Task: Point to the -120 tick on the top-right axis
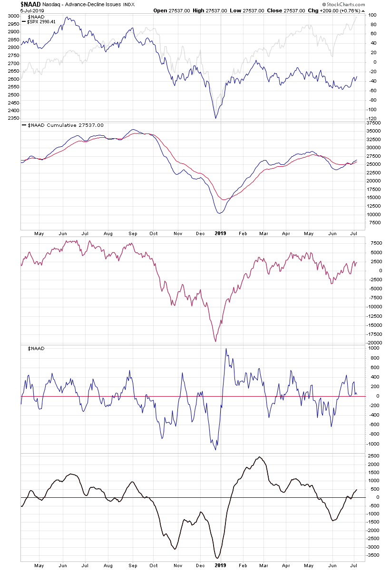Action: click(372, 118)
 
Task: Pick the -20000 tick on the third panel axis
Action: click(374, 342)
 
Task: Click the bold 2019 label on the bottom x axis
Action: click(221, 565)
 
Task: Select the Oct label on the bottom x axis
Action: click(154, 565)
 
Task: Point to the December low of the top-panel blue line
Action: click(215, 118)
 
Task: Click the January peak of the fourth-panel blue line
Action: click(226, 349)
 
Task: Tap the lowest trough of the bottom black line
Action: click(217, 558)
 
